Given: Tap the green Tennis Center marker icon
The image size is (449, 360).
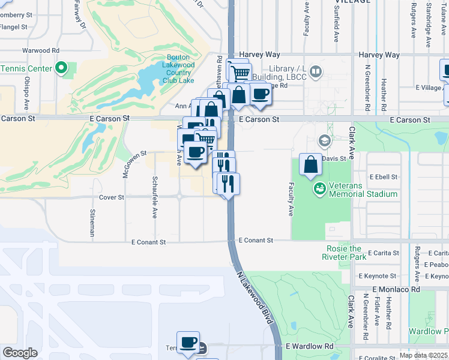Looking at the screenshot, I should [x=61, y=68].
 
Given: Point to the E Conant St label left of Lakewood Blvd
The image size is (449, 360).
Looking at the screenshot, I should [x=148, y=242].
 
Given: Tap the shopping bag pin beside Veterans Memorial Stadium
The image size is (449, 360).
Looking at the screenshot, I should [x=310, y=165].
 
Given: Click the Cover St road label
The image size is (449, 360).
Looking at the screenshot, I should [x=112, y=197].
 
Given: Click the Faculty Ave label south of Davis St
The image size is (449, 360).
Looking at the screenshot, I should [x=291, y=199].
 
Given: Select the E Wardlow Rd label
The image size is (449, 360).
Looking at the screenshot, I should [x=309, y=346].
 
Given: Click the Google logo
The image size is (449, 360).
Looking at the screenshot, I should [x=20, y=353].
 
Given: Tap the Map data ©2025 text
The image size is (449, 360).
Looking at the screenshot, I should [x=423, y=355].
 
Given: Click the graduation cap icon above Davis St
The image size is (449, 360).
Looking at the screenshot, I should [x=325, y=141].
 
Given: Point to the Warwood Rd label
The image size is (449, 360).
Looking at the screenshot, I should [x=41, y=50].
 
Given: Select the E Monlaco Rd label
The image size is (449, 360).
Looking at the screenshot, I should [x=394, y=289].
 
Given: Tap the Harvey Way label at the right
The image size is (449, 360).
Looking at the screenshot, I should [x=379, y=55].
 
